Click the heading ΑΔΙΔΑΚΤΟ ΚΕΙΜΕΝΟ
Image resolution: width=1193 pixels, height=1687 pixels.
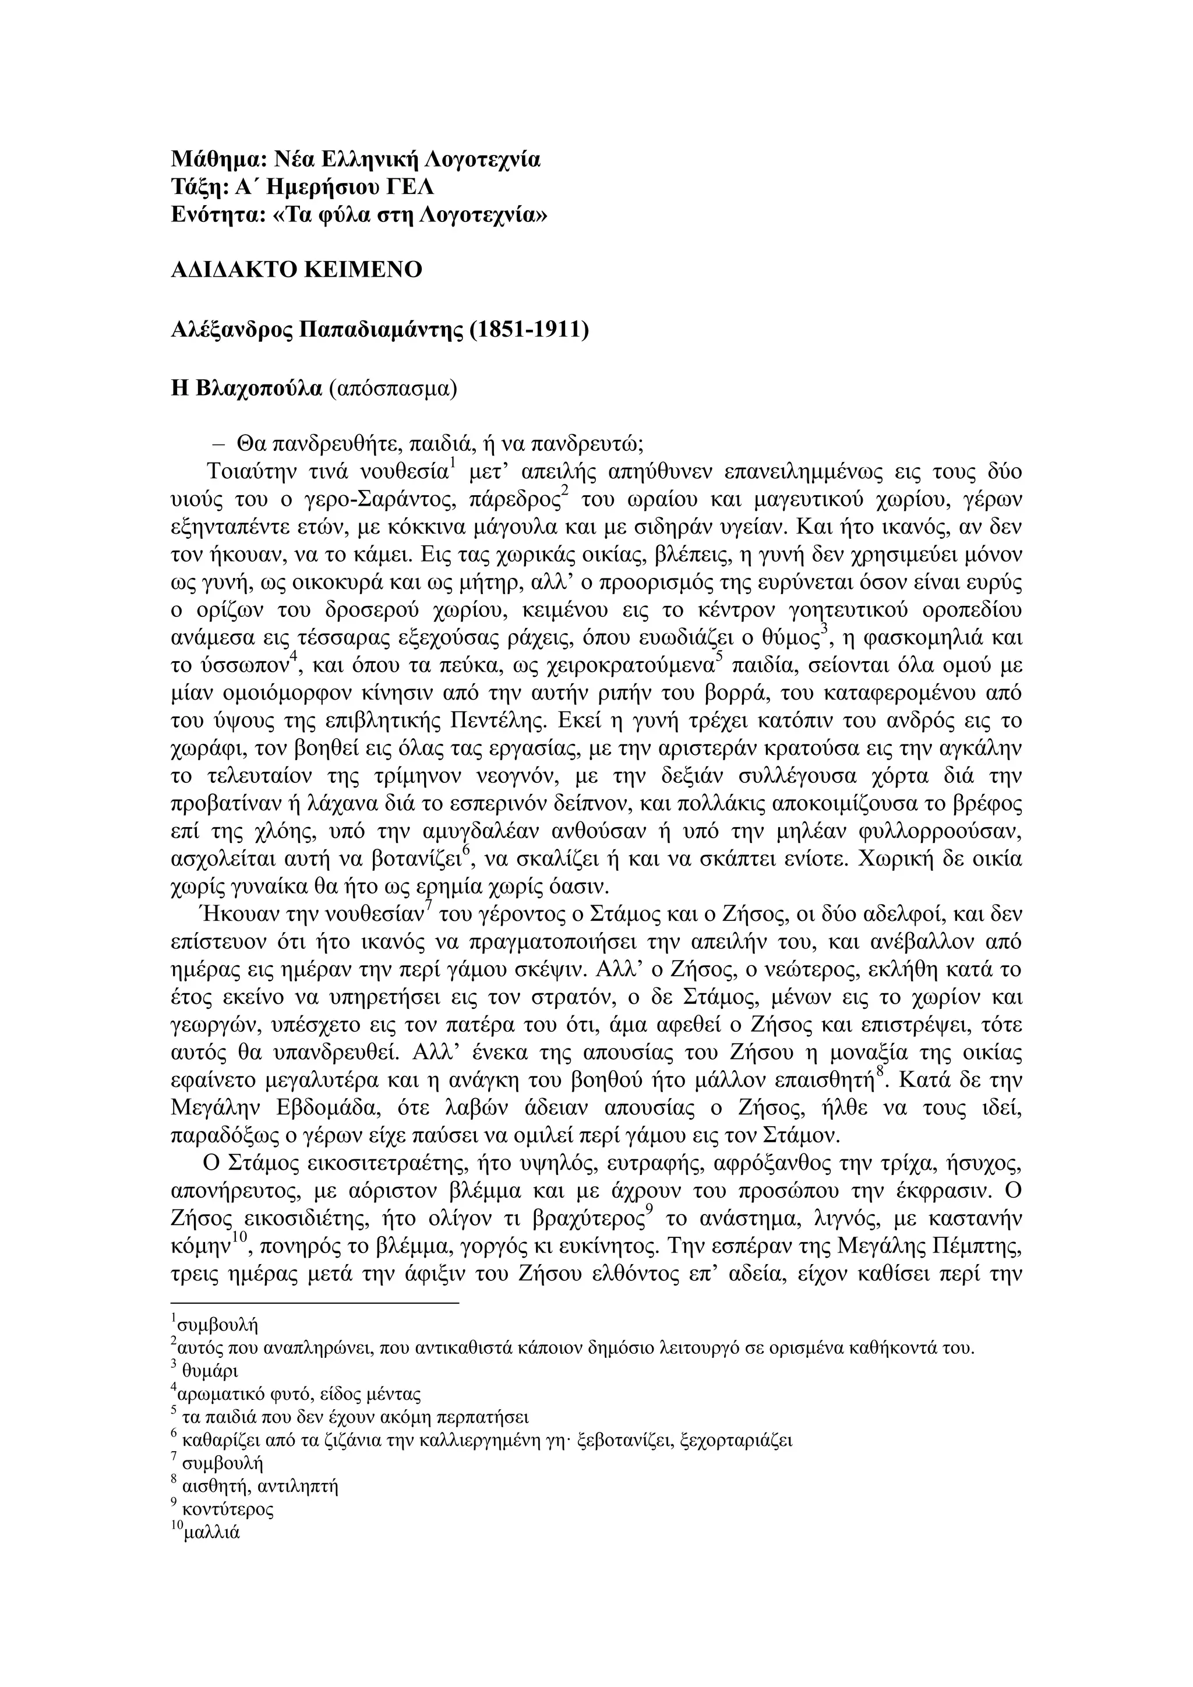click(x=296, y=270)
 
